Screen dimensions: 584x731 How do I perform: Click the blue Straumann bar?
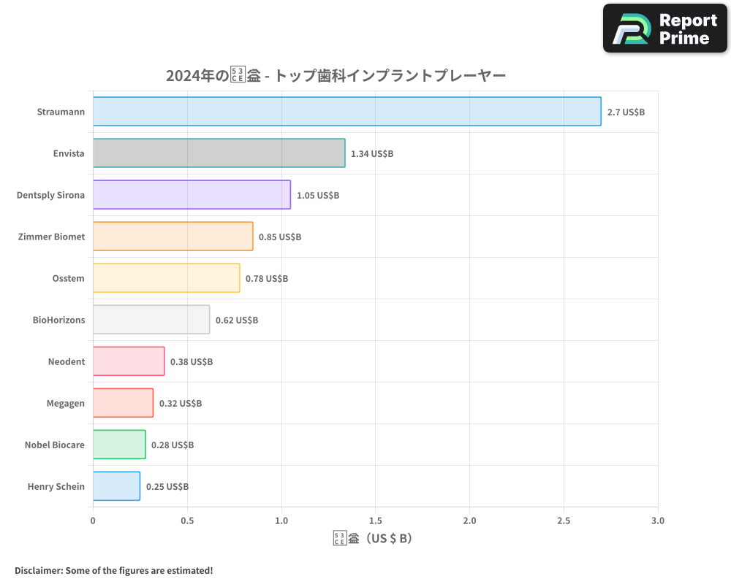(347, 112)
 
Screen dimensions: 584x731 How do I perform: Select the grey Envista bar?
(219, 153)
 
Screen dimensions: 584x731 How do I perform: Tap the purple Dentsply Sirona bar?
(192, 195)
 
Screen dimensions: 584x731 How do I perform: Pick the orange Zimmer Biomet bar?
(173, 237)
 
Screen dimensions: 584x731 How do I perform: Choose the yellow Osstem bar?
(167, 278)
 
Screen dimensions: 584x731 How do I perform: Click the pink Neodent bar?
(129, 361)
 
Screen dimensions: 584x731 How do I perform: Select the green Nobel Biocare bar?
(119, 445)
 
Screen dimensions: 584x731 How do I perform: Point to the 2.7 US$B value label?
(626, 112)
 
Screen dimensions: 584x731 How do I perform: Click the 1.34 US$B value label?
(372, 153)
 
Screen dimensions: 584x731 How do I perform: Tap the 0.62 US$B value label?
(237, 320)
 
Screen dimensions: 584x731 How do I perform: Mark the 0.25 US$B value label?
(167, 486)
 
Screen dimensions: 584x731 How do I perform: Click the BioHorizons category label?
(58, 320)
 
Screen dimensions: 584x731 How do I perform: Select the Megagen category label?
(66, 403)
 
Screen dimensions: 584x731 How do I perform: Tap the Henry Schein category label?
(56, 486)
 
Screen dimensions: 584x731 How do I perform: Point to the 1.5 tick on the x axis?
(375, 521)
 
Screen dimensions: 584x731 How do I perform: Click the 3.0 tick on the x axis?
(658, 521)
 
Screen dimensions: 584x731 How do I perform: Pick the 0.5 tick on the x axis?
(187, 521)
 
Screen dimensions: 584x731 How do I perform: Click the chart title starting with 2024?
(336, 75)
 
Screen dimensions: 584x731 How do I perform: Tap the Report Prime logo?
(665, 28)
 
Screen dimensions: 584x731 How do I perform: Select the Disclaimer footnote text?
(114, 570)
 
